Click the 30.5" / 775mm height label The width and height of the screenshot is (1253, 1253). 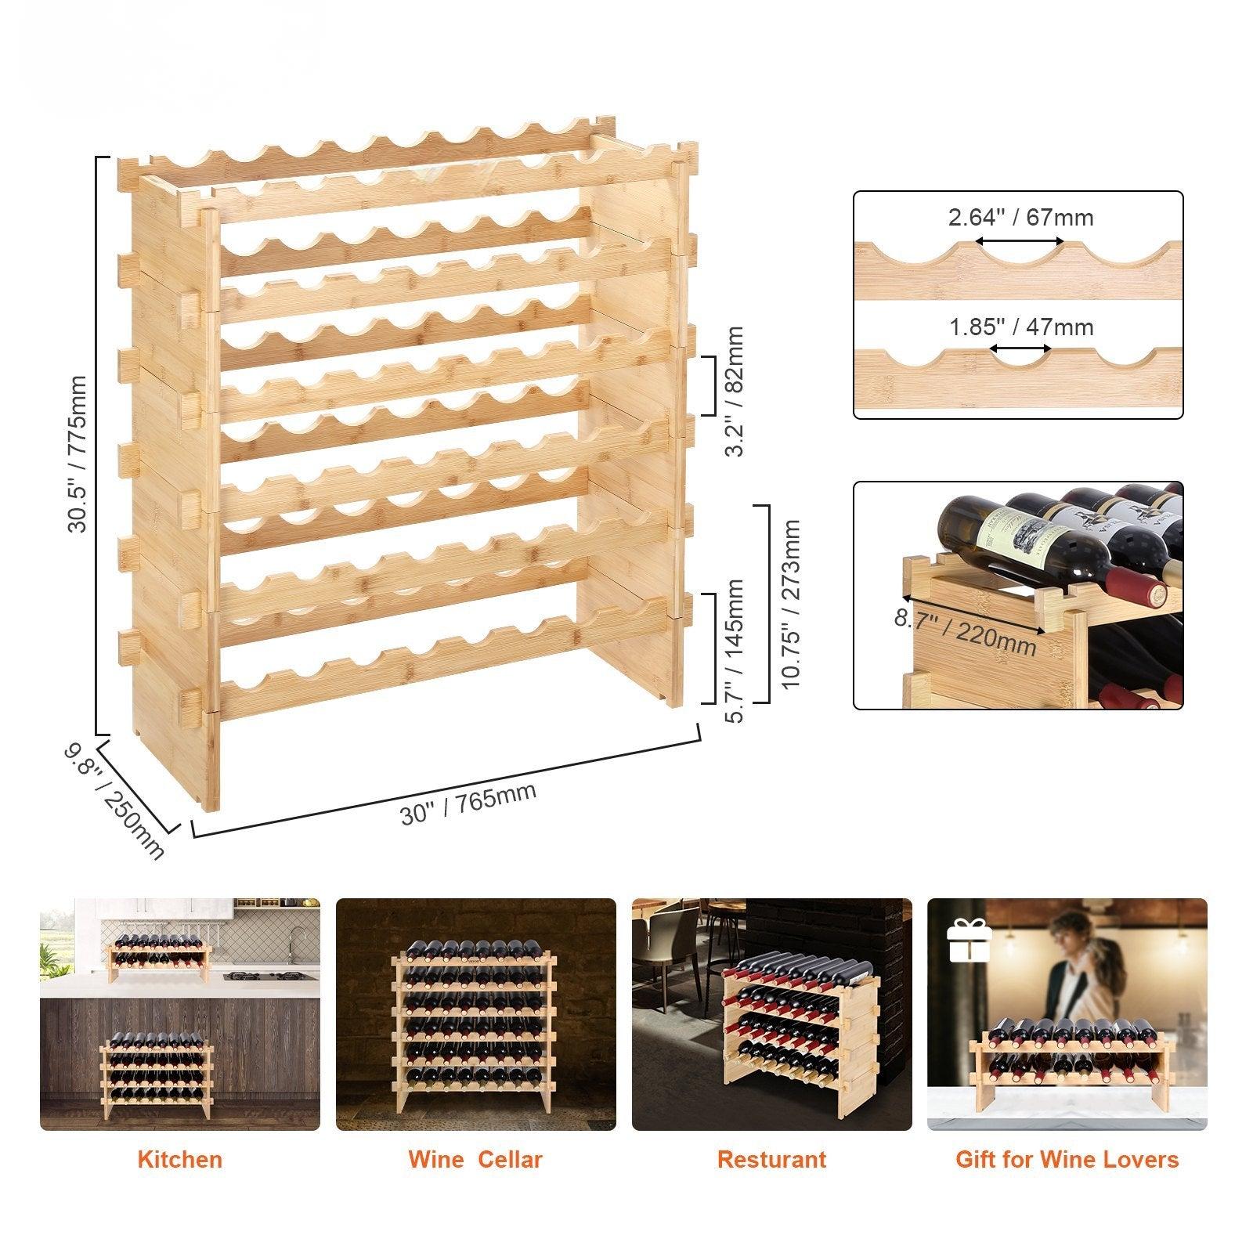[78, 453]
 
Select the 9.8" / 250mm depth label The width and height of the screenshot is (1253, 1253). [114, 800]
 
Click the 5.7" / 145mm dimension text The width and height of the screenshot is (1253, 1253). [733, 650]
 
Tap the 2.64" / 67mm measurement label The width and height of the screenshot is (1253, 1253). [1021, 218]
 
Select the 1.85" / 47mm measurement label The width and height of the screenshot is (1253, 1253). [1021, 327]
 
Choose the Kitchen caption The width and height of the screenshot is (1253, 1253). [179, 1160]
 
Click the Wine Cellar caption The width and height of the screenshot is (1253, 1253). [475, 1160]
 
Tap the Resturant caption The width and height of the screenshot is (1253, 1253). [771, 1160]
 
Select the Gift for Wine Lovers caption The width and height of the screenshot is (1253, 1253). [1067, 1160]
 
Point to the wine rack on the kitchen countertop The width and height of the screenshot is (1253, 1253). [161, 957]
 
